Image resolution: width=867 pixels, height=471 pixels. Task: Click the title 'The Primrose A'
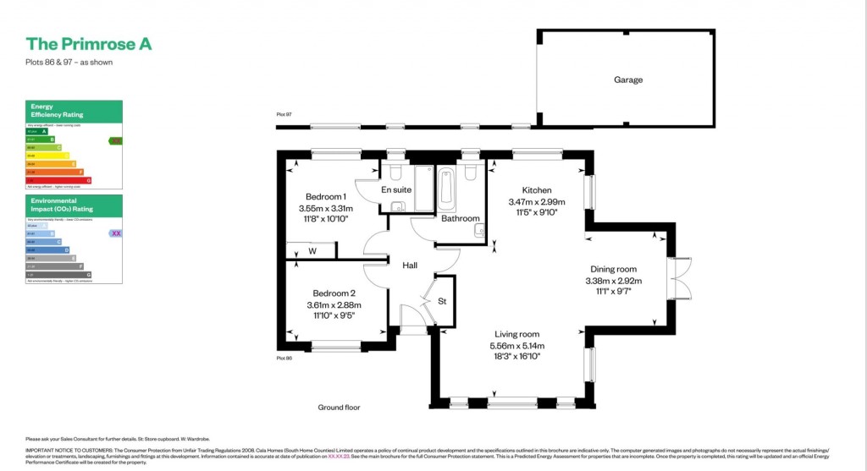pyautogui.click(x=89, y=44)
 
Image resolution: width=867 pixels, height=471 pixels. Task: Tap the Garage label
pyautogui.click(x=628, y=80)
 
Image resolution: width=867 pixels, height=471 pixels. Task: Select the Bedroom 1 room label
pyautogui.click(x=325, y=196)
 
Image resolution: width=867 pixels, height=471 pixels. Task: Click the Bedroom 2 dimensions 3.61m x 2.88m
pyautogui.click(x=334, y=305)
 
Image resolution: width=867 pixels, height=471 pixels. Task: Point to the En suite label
pyautogui.click(x=396, y=190)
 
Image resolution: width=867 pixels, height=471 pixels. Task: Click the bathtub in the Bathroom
pyautogui.click(x=447, y=189)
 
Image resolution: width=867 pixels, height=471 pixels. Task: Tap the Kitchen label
pyautogui.click(x=537, y=190)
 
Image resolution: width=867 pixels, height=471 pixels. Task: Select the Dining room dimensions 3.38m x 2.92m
pyautogui.click(x=614, y=281)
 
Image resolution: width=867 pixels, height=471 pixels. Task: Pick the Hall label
pyautogui.click(x=410, y=266)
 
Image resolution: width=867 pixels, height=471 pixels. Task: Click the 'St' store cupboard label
pyautogui.click(x=442, y=301)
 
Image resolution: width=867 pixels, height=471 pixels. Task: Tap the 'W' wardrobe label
pyautogui.click(x=312, y=251)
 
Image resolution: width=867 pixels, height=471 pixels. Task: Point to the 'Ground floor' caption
pyautogui.click(x=339, y=408)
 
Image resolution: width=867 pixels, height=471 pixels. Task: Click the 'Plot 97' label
pyautogui.click(x=284, y=114)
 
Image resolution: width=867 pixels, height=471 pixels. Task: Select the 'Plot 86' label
pyautogui.click(x=284, y=359)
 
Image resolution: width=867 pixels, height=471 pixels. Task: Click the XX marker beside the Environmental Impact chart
pyautogui.click(x=117, y=233)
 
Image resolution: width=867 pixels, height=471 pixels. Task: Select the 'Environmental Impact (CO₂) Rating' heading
pyautogui.click(x=62, y=205)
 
